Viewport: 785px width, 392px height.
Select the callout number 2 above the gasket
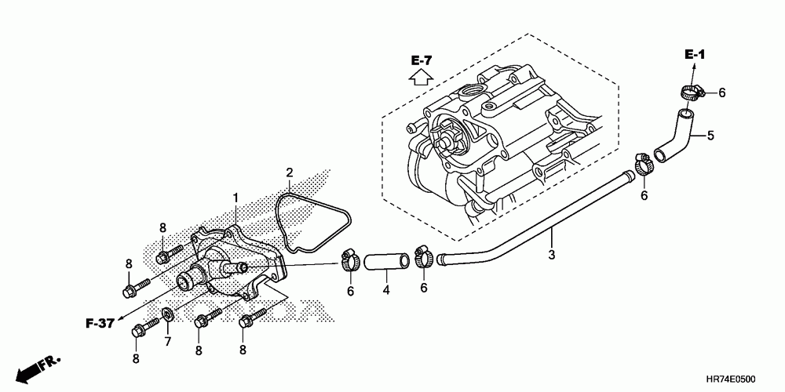[x=290, y=172]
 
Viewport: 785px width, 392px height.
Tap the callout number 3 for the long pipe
[x=551, y=255]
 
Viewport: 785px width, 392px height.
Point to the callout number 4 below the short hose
[x=386, y=292]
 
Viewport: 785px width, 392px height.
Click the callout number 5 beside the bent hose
[x=710, y=136]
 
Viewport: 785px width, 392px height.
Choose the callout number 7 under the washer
[x=167, y=341]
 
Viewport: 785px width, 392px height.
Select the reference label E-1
[x=695, y=54]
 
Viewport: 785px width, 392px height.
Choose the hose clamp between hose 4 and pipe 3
[x=423, y=256]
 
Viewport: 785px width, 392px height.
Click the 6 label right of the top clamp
[x=721, y=93]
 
